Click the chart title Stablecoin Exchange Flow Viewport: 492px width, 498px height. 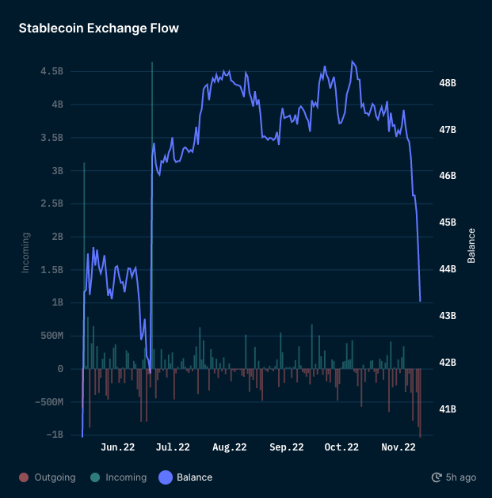pos(99,29)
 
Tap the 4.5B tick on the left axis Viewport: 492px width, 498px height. pos(51,71)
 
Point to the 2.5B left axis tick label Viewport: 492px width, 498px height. pos(51,203)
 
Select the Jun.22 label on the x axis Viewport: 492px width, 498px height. pos(118,447)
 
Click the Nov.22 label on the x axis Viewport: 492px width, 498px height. pos(399,447)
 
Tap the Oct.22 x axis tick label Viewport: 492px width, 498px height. pos(342,447)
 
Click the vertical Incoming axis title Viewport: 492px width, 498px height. pos(25,253)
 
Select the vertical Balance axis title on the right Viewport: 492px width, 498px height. pos(471,245)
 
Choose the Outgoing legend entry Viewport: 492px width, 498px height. pos(48,477)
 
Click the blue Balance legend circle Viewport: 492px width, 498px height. pos(166,477)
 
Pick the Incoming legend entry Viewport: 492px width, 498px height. pos(119,477)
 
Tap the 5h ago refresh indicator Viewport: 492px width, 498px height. pos(454,477)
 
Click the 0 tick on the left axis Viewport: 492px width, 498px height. pos(60,369)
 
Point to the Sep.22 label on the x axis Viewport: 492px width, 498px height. pos(286,447)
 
